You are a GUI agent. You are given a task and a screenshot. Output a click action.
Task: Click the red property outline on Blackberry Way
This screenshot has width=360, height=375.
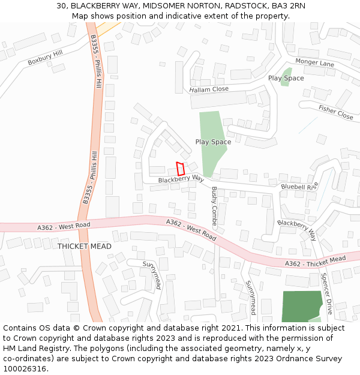click(179, 169)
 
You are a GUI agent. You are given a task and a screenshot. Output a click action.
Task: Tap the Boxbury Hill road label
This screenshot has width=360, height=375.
click(45, 58)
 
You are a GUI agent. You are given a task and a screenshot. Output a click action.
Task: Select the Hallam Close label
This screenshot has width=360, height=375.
click(209, 89)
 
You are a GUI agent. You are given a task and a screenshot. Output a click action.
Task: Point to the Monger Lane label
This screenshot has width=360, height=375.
click(314, 63)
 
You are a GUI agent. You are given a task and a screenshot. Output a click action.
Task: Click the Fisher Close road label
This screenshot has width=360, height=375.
click(336, 112)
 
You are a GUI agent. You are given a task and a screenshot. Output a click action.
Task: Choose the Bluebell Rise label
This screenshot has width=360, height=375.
click(299, 187)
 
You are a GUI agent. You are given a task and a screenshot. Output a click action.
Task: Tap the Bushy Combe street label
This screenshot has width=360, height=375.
click(214, 206)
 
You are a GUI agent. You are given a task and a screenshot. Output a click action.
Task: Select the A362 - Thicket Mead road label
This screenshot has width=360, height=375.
click(315, 262)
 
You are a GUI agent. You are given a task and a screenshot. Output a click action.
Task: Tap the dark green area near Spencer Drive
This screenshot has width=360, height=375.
click(300, 306)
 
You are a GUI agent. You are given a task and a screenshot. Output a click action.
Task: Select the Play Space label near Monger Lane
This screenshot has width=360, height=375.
click(286, 78)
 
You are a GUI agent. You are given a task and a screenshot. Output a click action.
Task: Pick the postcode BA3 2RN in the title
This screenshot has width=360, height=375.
click(287, 6)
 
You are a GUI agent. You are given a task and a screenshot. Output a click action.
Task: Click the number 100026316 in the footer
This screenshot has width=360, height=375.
click(24, 368)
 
